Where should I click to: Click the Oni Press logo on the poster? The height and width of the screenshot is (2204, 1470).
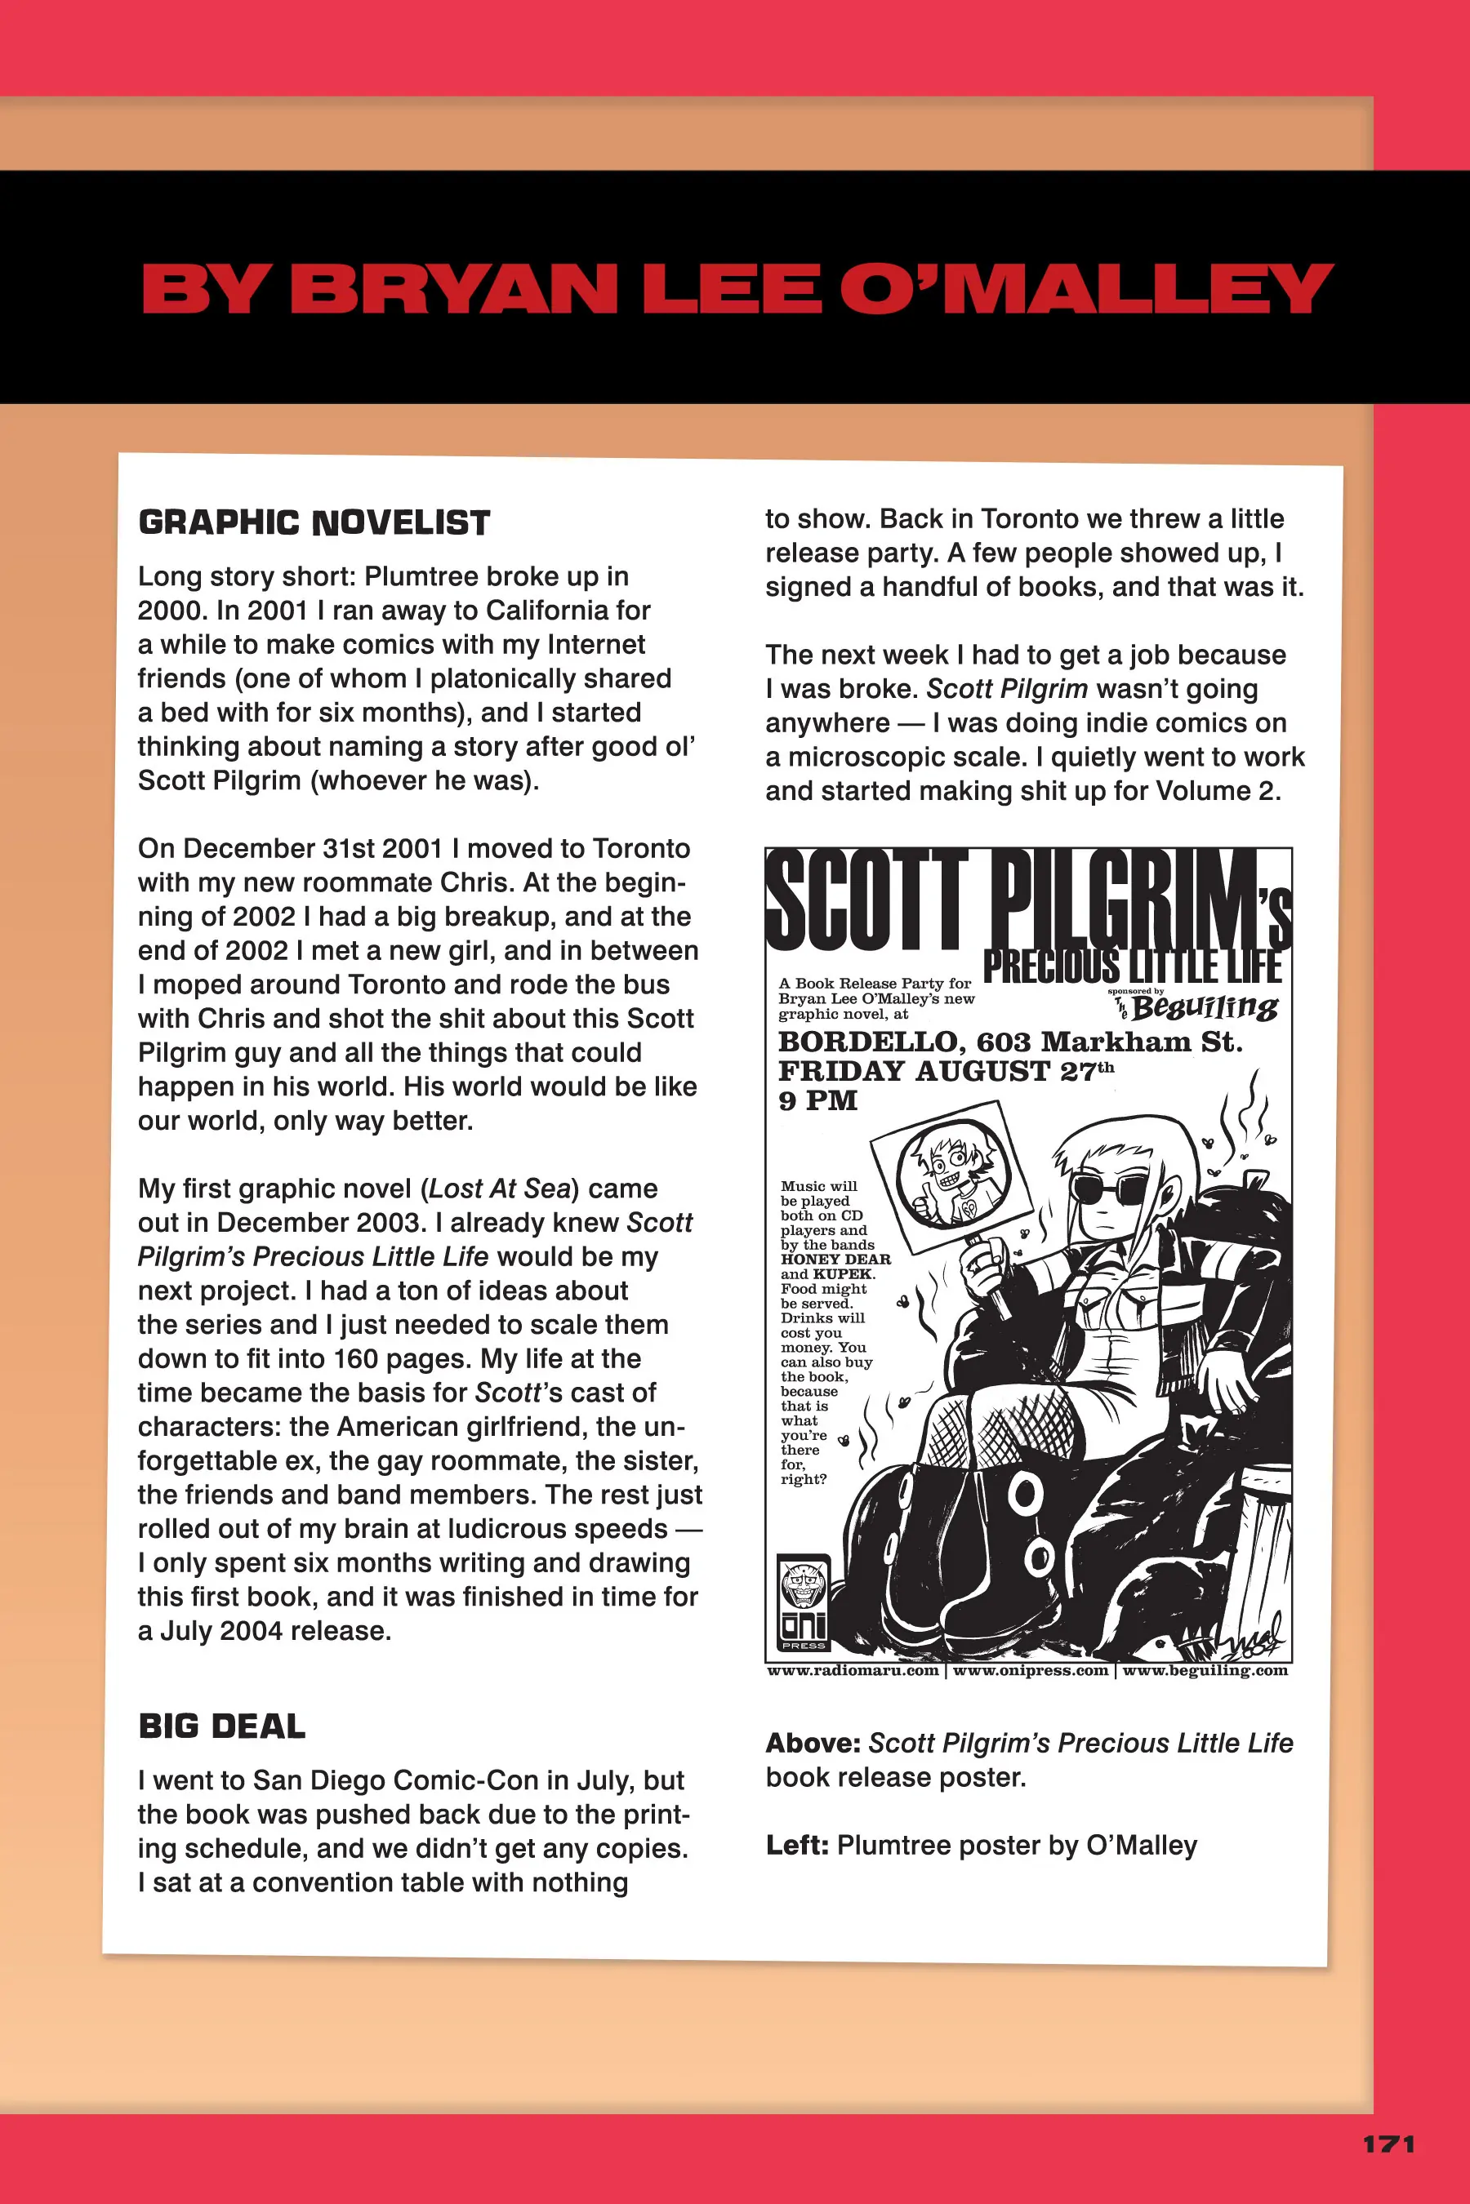(x=804, y=1603)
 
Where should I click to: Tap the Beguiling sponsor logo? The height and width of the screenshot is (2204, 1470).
(x=1204, y=1007)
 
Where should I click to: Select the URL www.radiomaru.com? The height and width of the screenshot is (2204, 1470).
(x=853, y=1671)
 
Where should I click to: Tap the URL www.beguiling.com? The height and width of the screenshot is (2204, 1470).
(x=1205, y=1671)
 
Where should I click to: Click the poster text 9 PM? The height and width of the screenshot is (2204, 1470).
(x=818, y=1100)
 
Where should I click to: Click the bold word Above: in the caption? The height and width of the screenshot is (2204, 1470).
(x=812, y=1743)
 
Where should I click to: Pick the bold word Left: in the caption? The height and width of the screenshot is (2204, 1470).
(x=797, y=1845)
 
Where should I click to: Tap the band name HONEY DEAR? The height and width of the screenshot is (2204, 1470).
(x=835, y=1260)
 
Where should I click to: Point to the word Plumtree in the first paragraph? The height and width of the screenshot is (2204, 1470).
(x=422, y=576)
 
